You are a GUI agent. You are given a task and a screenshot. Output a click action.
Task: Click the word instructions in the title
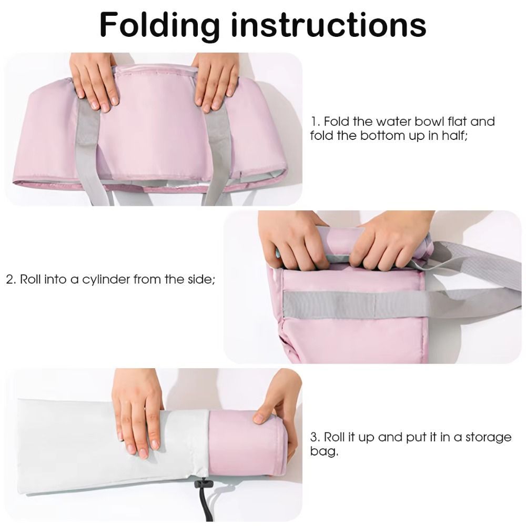pos(329,25)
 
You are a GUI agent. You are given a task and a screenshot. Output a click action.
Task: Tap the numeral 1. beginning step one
pos(315,122)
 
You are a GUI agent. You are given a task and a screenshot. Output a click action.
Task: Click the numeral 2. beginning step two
pos(11,279)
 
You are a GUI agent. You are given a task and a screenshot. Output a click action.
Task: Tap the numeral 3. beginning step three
pos(315,437)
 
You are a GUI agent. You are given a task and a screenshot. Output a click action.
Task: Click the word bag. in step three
pos(324,451)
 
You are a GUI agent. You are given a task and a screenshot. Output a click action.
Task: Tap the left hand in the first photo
pos(95,80)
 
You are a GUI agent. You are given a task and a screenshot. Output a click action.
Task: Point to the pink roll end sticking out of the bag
pos(248,443)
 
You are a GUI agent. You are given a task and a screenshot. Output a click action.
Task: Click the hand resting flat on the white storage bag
pos(137,412)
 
